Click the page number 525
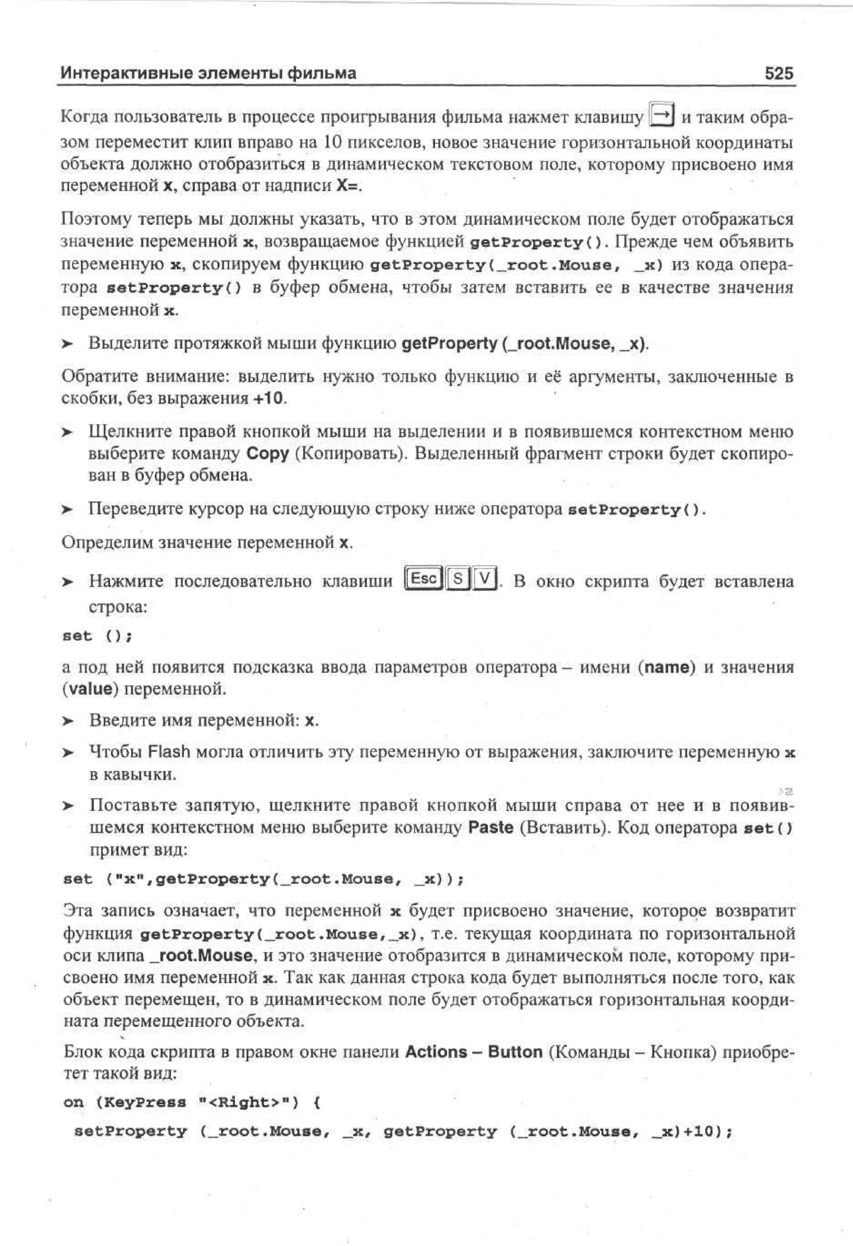pyautogui.click(x=778, y=73)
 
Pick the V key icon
pyautogui.click(x=484, y=579)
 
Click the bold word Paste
pyautogui.click(x=490, y=827)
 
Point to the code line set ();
pyautogui.click(x=97, y=636)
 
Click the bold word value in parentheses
pyautogui.click(x=90, y=689)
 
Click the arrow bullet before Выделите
pyautogui.click(x=67, y=344)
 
